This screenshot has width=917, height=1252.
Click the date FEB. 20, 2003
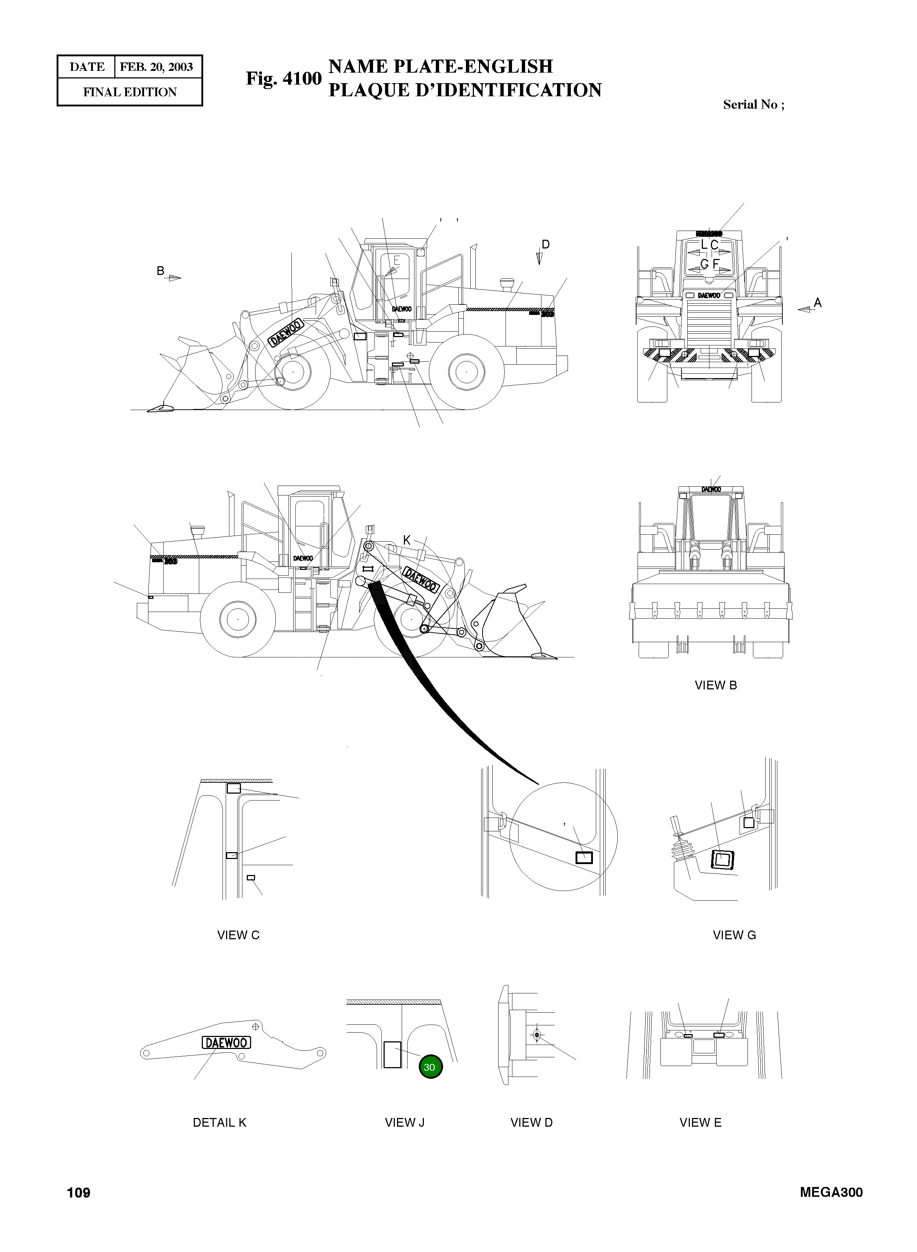(x=156, y=67)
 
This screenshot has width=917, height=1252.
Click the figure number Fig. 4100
(x=284, y=78)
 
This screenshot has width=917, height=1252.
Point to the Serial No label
(x=753, y=105)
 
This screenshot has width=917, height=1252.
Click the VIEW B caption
(x=716, y=685)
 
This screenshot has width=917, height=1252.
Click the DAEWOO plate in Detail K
(x=226, y=1042)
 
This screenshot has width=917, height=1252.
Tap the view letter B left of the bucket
(x=160, y=271)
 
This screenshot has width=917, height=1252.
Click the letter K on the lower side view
(x=406, y=540)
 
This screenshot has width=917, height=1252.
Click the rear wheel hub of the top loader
(x=467, y=372)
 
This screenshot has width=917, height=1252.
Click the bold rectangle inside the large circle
(x=584, y=858)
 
